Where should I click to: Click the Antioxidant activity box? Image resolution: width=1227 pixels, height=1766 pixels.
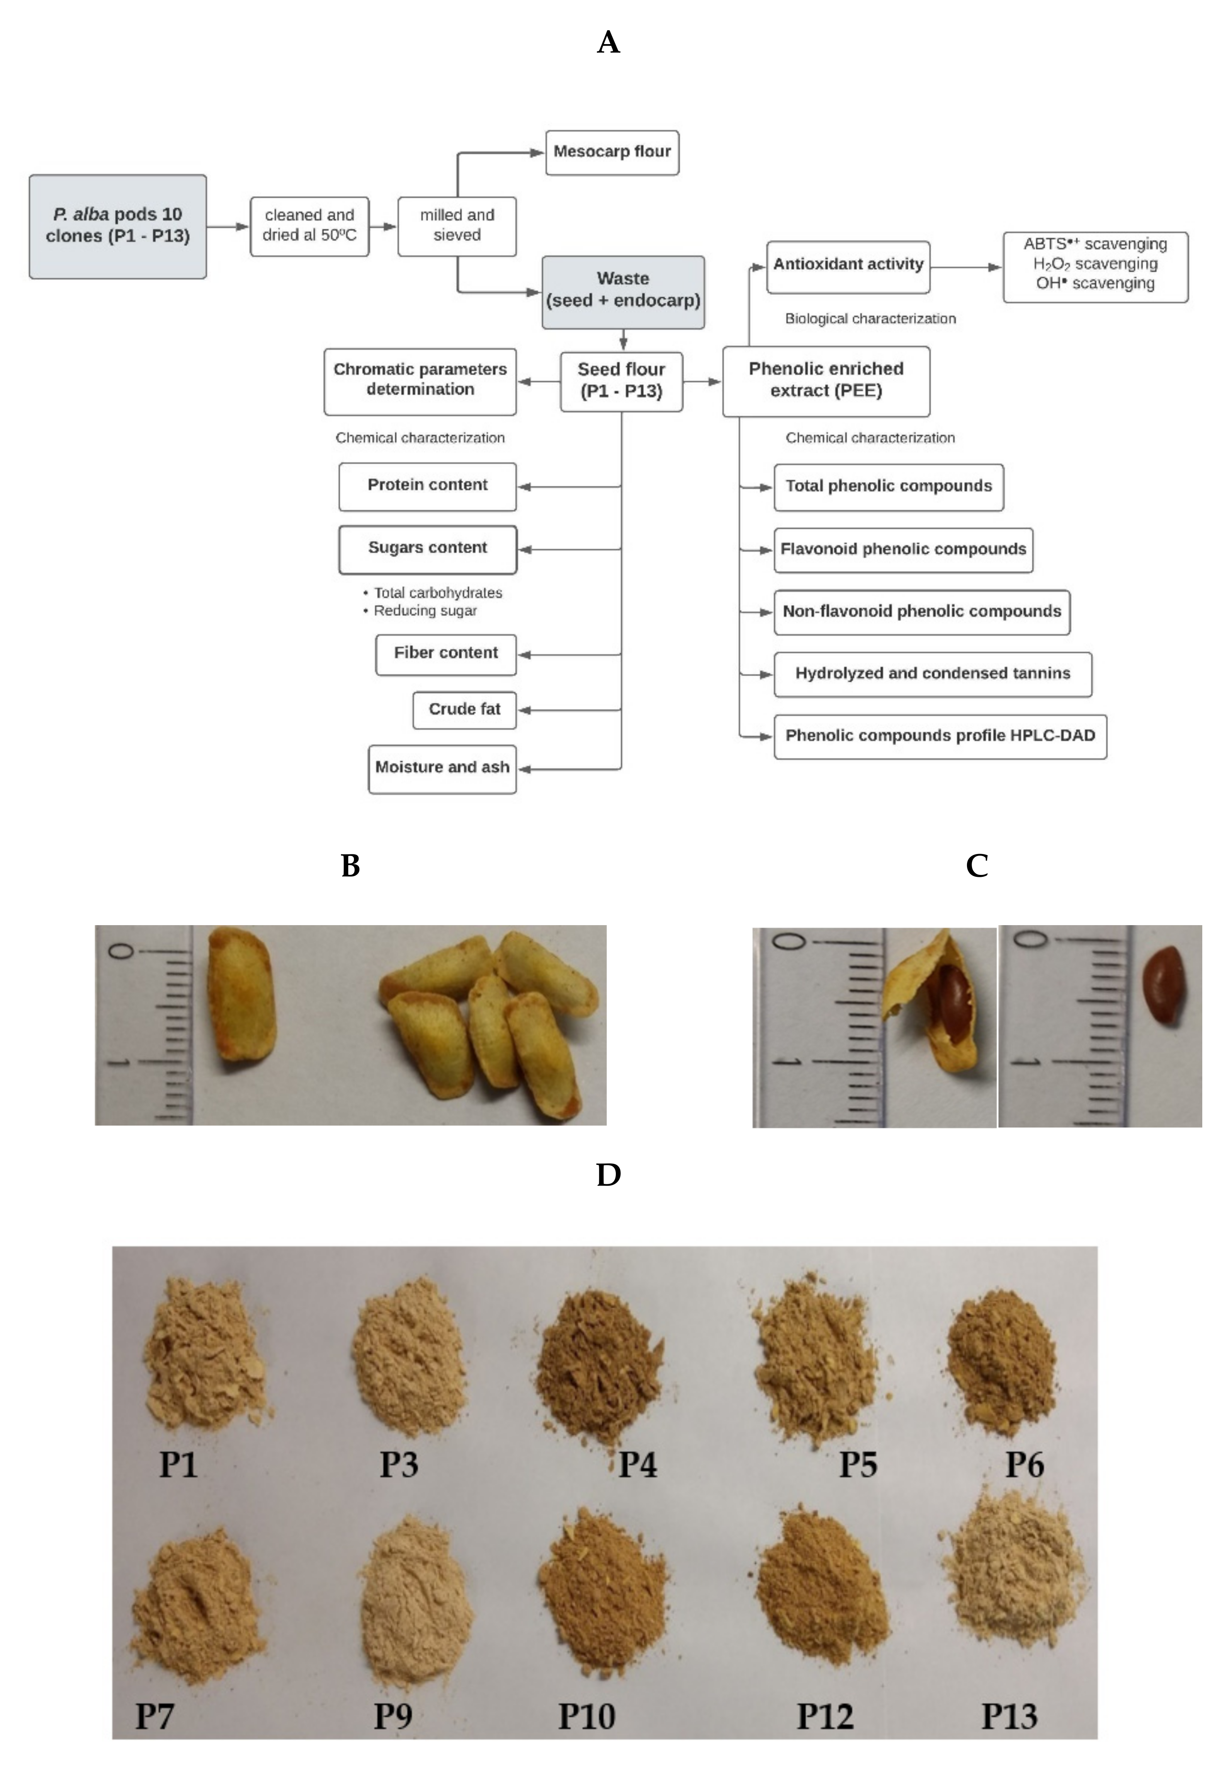click(x=848, y=265)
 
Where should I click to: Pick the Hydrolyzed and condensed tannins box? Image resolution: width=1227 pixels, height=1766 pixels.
click(x=933, y=674)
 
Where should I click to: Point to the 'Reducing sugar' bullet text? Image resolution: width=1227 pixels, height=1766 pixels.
click(x=425, y=611)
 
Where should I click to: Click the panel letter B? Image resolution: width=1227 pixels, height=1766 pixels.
click(x=350, y=866)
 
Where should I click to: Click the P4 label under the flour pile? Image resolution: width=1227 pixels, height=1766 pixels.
click(x=637, y=1464)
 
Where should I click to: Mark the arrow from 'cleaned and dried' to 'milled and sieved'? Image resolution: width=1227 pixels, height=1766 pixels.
click(x=383, y=227)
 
